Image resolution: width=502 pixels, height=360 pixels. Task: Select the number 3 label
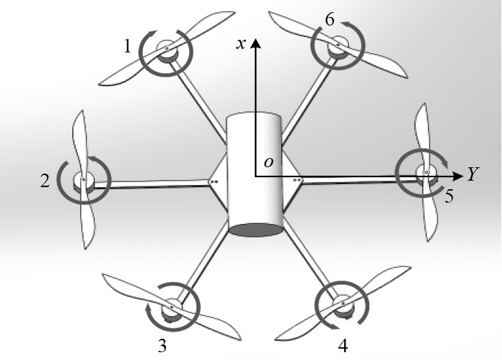[x=163, y=346]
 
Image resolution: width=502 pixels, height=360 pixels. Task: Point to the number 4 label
[x=343, y=347]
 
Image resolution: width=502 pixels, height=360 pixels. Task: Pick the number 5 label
[x=449, y=196]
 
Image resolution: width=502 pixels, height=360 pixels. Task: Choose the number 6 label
[x=329, y=20]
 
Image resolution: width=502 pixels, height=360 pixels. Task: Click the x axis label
[x=241, y=43]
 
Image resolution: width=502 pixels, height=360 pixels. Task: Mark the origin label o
[x=268, y=162]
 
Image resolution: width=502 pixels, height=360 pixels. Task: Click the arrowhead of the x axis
[x=256, y=42]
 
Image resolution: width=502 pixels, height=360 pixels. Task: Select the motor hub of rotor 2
[x=84, y=180]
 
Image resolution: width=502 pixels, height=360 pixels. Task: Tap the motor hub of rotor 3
[x=172, y=309]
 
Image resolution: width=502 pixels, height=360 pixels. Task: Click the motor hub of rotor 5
[x=426, y=172]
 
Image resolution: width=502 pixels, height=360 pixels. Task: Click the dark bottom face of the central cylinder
[x=256, y=229]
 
